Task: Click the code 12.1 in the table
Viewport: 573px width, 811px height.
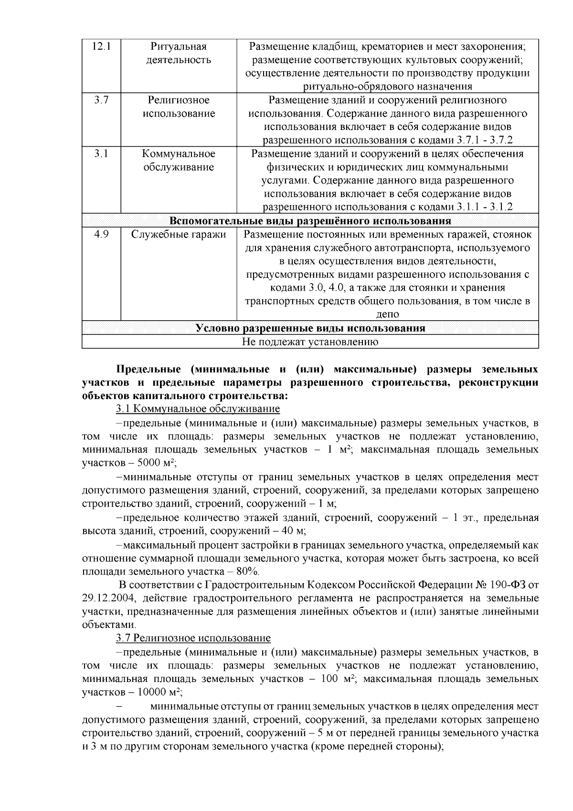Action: coord(101,47)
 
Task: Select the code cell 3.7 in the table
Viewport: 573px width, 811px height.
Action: coord(101,100)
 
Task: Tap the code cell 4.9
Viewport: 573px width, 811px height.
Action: coord(101,235)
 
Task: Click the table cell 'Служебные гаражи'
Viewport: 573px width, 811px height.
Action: coord(179,235)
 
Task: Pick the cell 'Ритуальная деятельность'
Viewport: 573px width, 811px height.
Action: coord(179,54)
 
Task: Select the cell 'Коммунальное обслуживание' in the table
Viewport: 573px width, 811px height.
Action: coord(179,161)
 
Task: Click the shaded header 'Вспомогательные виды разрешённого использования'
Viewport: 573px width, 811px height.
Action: coord(310,221)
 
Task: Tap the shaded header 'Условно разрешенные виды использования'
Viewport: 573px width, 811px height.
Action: coord(310,328)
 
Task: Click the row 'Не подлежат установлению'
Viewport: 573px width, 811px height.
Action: coord(310,342)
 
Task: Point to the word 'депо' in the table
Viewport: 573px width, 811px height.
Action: coord(387,314)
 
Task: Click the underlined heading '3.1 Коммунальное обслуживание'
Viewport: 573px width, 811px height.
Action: coord(198,409)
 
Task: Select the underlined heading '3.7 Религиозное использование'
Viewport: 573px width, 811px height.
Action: coord(193,638)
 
